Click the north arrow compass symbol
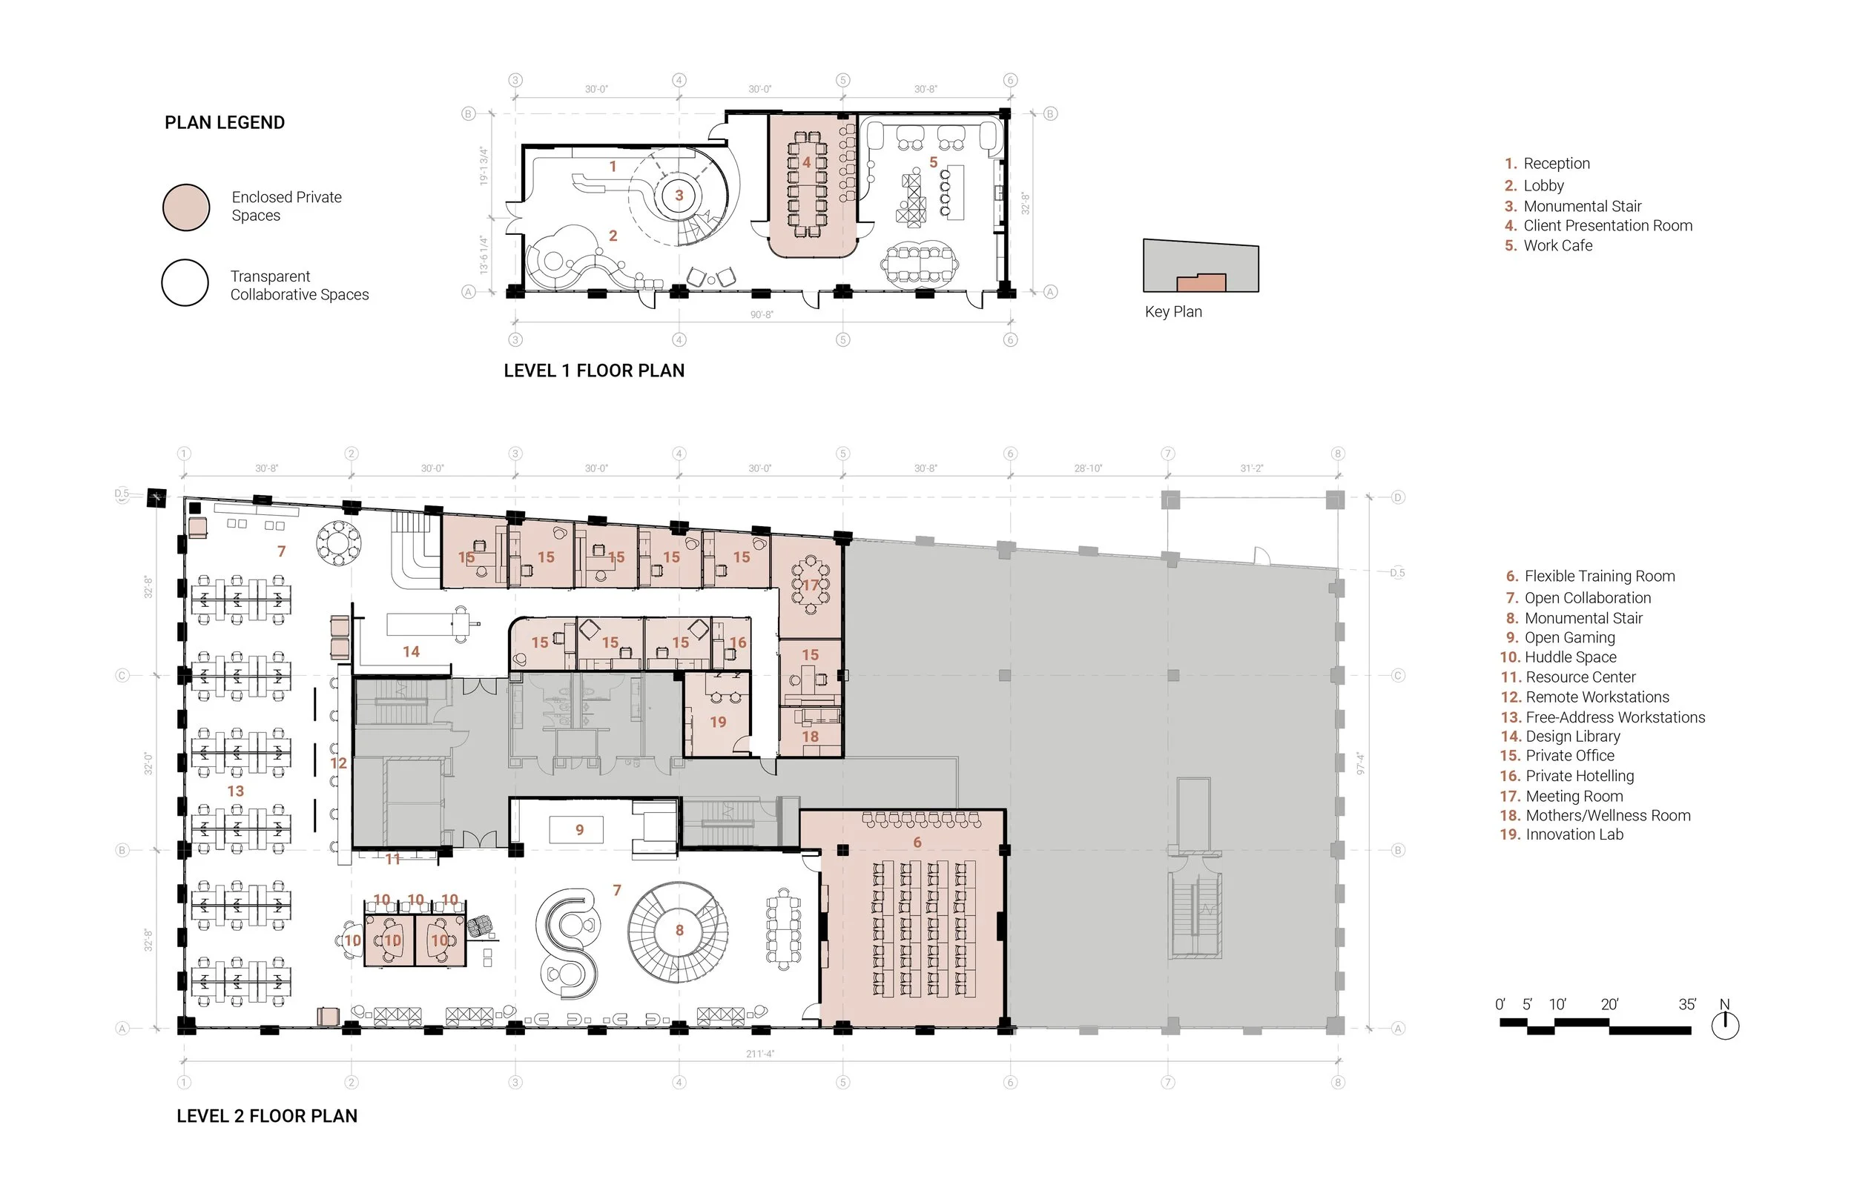pyautogui.click(x=1725, y=1025)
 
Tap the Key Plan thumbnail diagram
pyautogui.click(x=1201, y=266)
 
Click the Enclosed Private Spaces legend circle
pyautogui.click(x=186, y=207)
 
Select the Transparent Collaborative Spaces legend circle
pyautogui.click(x=185, y=282)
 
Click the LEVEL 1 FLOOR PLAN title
pyautogui.click(x=593, y=371)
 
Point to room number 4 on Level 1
pyautogui.click(x=806, y=163)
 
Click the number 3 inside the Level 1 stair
pyautogui.click(x=679, y=196)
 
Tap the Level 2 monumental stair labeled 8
pyautogui.click(x=679, y=931)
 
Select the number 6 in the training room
pyautogui.click(x=917, y=843)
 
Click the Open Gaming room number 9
pyautogui.click(x=580, y=830)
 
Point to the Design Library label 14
pyautogui.click(x=411, y=651)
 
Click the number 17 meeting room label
pyautogui.click(x=811, y=585)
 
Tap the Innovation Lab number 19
pyautogui.click(x=717, y=723)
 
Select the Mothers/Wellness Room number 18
pyautogui.click(x=810, y=737)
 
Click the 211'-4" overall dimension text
pyautogui.click(x=760, y=1054)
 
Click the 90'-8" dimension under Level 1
pyautogui.click(x=762, y=314)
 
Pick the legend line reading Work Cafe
pyautogui.click(x=1557, y=246)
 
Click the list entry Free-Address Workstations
pyautogui.click(x=1614, y=718)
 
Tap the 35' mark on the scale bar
pyautogui.click(x=1686, y=1004)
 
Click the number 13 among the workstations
pyautogui.click(x=235, y=791)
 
